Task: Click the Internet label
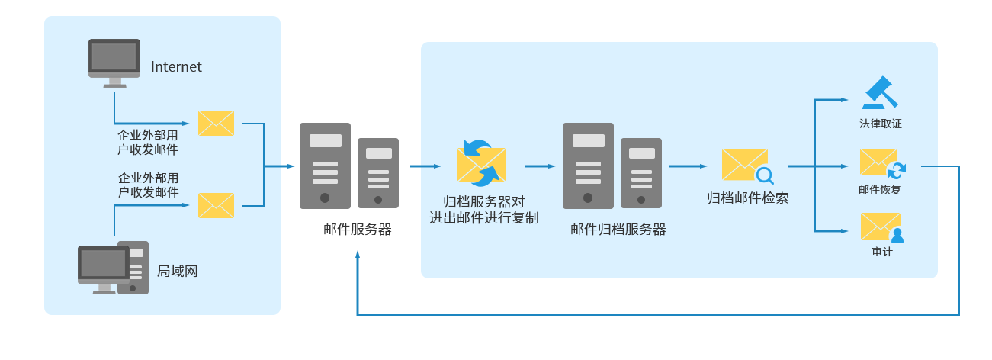coord(176,67)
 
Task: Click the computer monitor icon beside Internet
coord(114,61)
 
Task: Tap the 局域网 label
coord(177,271)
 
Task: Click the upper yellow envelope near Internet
coord(216,123)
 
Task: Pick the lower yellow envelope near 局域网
coord(216,205)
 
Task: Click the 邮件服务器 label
coord(357,229)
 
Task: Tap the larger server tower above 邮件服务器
coord(325,166)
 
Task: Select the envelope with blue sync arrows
coord(480,163)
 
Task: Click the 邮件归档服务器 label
coord(618,229)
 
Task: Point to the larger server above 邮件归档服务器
coord(588,166)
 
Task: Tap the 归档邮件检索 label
coord(747,198)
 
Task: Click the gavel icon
coord(880,93)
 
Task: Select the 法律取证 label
coord(881,124)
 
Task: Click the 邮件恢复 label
coord(880,189)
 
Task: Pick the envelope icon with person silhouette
coord(881,227)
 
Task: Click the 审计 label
coord(881,252)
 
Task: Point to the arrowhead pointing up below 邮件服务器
coord(358,255)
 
